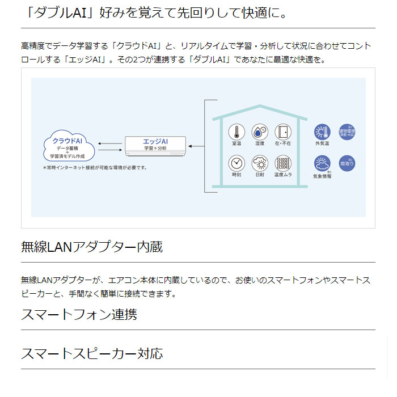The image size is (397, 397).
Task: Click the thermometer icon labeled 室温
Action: (x=236, y=133)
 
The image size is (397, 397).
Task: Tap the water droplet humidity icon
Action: (x=260, y=133)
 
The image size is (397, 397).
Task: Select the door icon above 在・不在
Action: (x=282, y=133)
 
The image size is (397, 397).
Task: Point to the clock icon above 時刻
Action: (x=236, y=163)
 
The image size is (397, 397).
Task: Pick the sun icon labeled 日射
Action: (x=260, y=163)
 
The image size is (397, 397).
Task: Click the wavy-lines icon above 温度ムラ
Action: (x=282, y=163)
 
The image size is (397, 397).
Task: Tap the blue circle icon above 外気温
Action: (x=322, y=133)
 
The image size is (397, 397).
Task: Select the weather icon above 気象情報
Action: (x=322, y=164)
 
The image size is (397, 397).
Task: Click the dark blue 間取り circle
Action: (x=347, y=163)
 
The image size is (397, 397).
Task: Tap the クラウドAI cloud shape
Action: (x=67, y=146)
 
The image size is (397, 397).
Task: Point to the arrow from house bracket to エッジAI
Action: (x=196, y=146)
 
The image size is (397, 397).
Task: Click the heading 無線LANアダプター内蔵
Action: (x=92, y=247)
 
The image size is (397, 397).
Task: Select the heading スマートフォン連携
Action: (x=79, y=314)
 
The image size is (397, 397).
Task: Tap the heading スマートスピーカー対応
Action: (x=92, y=354)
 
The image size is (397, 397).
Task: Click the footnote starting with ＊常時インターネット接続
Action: (x=95, y=168)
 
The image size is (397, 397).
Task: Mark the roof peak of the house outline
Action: (x=259, y=106)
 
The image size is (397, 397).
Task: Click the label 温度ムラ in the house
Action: (x=282, y=175)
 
